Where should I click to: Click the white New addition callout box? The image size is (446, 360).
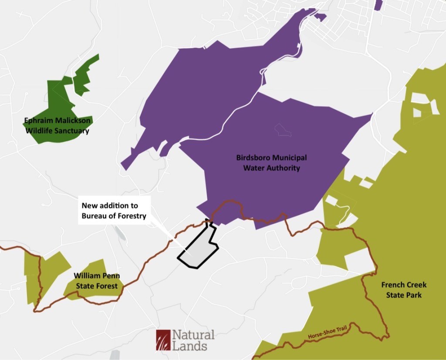(x=114, y=210)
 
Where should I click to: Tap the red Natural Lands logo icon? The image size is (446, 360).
(x=163, y=340)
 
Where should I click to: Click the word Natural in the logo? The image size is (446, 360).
(x=193, y=335)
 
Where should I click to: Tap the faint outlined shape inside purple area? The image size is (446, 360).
(x=281, y=129)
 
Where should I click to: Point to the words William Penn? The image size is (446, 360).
(x=97, y=276)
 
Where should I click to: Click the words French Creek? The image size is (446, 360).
(x=404, y=285)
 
